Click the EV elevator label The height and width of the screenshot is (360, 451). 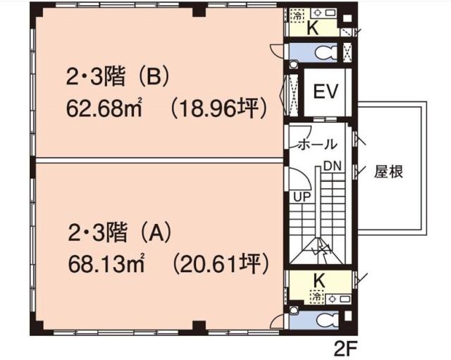pyautogui.click(x=326, y=92)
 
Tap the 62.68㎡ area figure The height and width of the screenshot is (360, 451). pyautogui.click(x=104, y=109)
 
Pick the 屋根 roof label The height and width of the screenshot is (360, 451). pyautogui.click(x=388, y=172)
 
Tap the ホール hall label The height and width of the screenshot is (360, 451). pyautogui.click(x=317, y=144)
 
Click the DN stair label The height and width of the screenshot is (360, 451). pyautogui.click(x=333, y=166)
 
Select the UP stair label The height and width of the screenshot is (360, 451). pyautogui.click(x=302, y=197)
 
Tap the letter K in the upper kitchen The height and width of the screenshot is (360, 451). pyautogui.click(x=313, y=28)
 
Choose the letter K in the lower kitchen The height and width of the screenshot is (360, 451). pyautogui.click(x=319, y=281)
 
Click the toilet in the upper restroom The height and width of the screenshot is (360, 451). pyautogui.click(x=326, y=53)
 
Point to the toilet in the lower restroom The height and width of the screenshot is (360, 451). pyautogui.click(x=327, y=320)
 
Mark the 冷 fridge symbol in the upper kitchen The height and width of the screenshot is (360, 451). pyautogui.click(x=298, y=15)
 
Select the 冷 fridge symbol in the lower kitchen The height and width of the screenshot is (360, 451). pyautogui.click(x=317, y=297)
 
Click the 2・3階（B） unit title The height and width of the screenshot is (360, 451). pyautogui.click(x=117, y=77)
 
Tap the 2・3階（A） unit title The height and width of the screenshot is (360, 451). pyautogui.click(x=119, y=232)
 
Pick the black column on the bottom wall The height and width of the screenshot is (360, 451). pyautogui.click(x=199, y=328)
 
